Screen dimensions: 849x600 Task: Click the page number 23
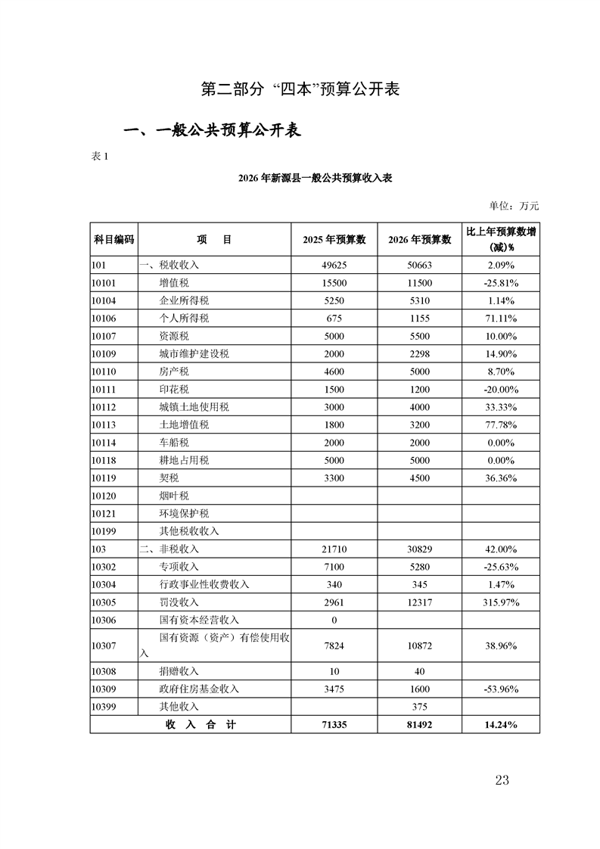[502, 780]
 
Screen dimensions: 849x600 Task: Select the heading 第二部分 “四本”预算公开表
[300, 89]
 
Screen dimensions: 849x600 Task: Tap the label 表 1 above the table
[101, 157]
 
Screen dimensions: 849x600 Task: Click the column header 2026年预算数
[419, 239]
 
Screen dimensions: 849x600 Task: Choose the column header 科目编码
[113, 239]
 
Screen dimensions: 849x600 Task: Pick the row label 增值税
[174, 283]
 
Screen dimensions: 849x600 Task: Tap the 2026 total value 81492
[419, 725]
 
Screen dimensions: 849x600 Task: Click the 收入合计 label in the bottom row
[201, 725]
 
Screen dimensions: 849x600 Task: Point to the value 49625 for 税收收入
[334, 266]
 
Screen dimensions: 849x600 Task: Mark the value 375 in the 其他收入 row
[419, 707]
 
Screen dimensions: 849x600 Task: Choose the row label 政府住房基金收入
[198, 689]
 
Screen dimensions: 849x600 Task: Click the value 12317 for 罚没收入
[419, 602]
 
